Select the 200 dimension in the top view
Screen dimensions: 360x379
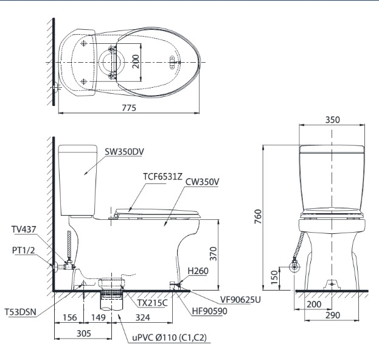click(x=136, y=62)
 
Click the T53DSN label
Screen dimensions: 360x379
click(x=21, y=312)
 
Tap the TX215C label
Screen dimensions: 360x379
click(x=152, y=302)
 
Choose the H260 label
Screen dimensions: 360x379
click(x=198, y=271)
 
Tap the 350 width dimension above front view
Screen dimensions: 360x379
click(x=332, y=120)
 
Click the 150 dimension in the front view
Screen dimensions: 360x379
click(x=275, y=278)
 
